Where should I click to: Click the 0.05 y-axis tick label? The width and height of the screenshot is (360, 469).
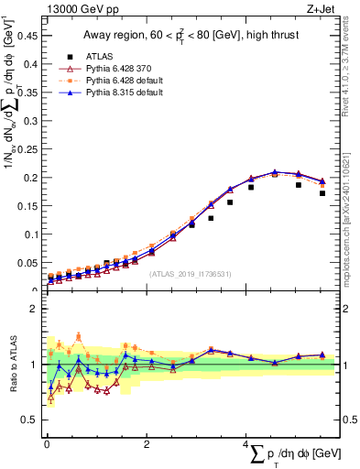point(29,263)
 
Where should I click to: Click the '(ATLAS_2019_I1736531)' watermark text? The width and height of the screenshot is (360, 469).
point(191,273)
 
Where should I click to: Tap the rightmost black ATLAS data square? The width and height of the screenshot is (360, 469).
point(322,193)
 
